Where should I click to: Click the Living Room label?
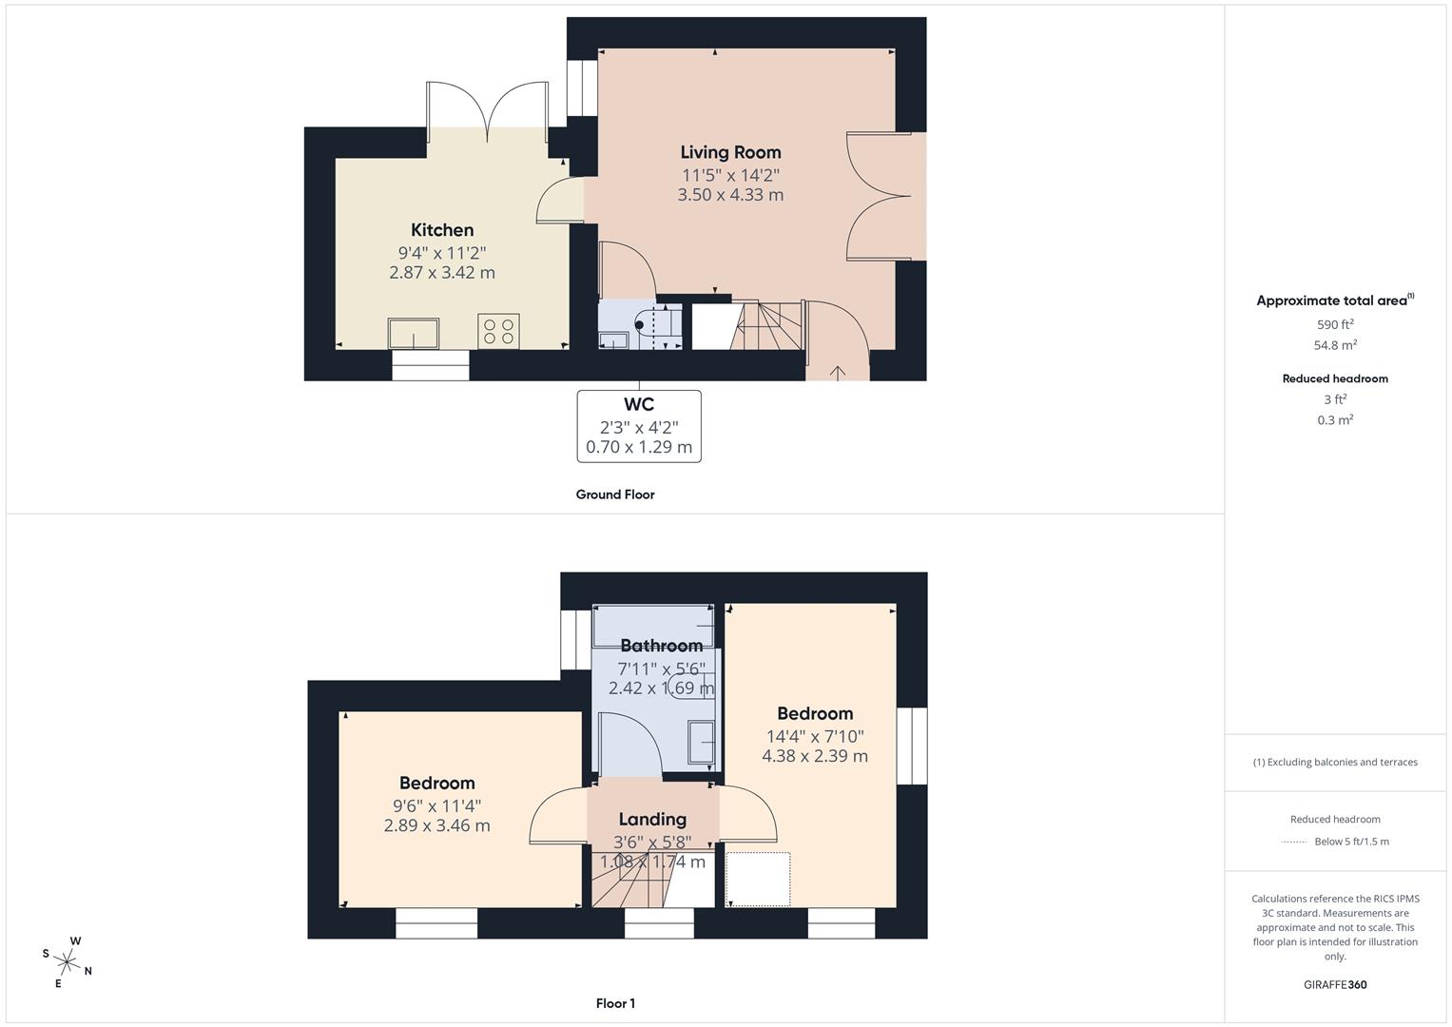(730, 152)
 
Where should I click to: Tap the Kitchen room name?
(442, 230)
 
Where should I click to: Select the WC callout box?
(639, 426)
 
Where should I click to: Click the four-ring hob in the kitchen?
(498, 331)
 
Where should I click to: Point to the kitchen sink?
(414, 333)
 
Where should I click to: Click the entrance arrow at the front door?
(838, 373)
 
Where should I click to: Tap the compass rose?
(68, 961)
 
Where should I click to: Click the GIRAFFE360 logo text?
(1335, 984)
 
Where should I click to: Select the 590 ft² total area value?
(1335, 324)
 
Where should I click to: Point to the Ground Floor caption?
(615, 494)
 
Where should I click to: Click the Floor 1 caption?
(615, 1003)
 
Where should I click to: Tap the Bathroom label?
(662, 646)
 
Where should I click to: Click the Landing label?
(652, 820)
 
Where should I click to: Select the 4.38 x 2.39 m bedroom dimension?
(815, 755)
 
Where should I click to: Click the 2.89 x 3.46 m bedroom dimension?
(436, 825)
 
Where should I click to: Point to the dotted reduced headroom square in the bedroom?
(758, 880)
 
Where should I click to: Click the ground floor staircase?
(768, 325)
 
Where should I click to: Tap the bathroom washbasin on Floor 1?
(702, 742)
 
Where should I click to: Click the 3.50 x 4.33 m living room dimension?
(730, 195)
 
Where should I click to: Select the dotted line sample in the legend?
(1294, 842)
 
